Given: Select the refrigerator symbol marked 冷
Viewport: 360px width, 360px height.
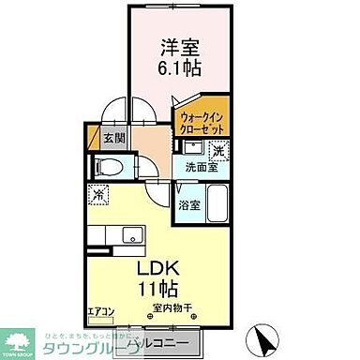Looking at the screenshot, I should point(101,194).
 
